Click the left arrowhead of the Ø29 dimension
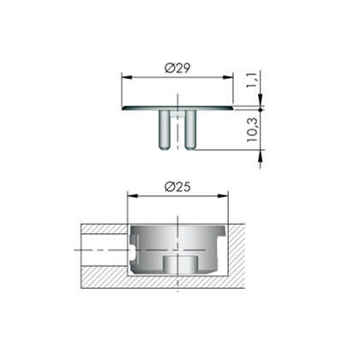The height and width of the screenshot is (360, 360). click(124, 76)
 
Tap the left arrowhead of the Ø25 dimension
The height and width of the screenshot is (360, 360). click(131, 195)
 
